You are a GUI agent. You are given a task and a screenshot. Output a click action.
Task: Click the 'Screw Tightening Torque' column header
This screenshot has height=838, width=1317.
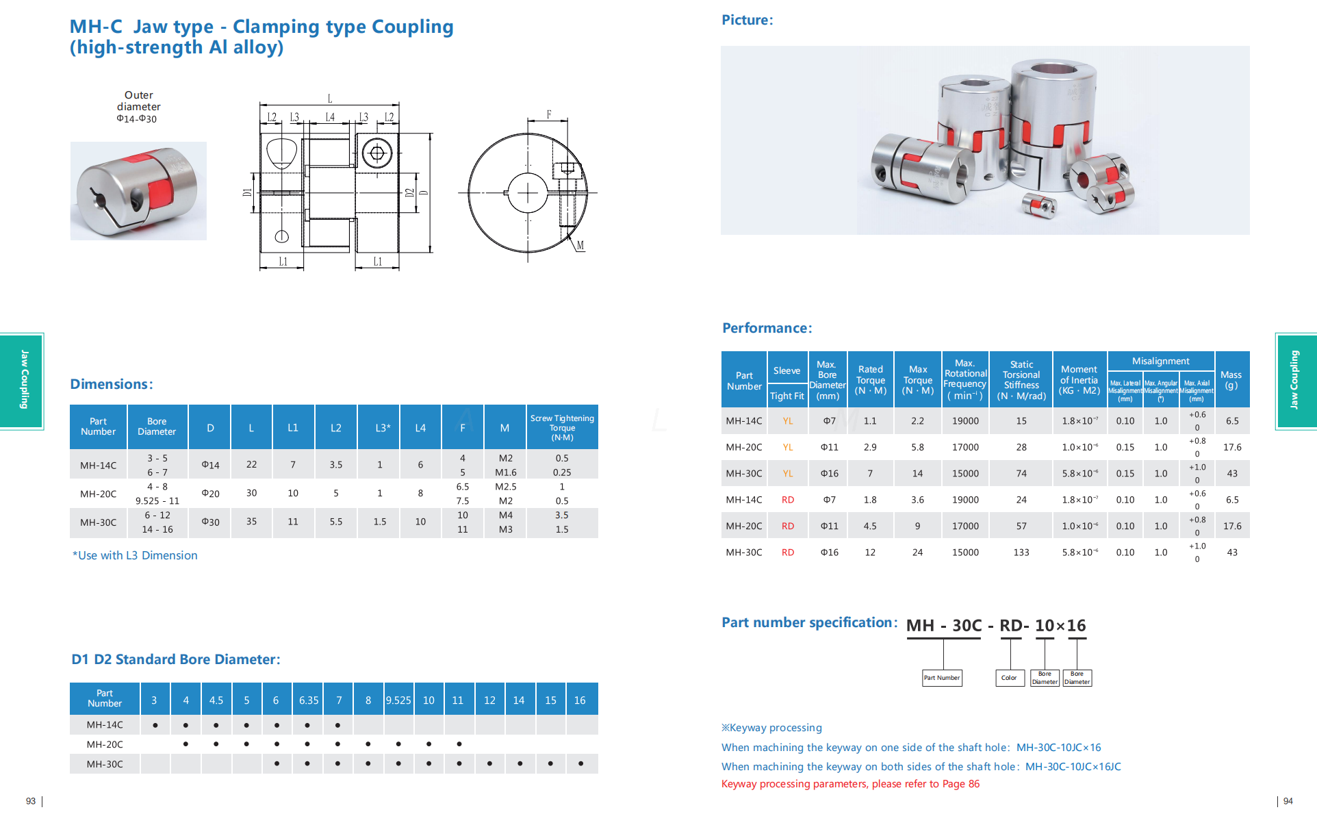coord(562,427)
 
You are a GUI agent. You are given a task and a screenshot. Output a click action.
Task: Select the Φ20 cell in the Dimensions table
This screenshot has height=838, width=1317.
coord(210,494)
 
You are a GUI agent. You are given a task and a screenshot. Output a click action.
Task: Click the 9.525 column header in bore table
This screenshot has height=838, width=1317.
coord(398,700)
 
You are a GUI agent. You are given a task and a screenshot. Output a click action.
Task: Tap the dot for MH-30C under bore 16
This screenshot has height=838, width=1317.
coord(580,763)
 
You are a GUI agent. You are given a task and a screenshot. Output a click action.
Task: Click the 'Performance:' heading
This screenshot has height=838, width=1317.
coord(767,328)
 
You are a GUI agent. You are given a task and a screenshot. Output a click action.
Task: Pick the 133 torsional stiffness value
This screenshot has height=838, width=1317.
coord(1021,553)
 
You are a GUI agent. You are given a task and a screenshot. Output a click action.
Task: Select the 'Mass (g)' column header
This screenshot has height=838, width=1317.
coord(1231,380)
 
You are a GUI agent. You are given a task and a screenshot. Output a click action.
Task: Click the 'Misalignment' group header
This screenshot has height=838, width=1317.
coord(1160,361)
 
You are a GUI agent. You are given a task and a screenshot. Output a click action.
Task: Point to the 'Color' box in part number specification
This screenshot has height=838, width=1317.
coord(1009,678)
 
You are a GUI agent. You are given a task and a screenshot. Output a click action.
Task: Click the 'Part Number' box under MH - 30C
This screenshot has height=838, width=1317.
coord(942,678)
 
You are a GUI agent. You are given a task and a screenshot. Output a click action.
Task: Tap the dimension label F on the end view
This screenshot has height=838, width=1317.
coord(549,114)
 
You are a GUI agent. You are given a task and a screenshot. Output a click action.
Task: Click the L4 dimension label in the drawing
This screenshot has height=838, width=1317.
coord(330,117)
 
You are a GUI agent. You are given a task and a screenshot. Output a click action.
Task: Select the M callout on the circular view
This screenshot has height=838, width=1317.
coord(580,245)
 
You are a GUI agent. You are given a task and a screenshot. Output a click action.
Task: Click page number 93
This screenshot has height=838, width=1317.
coord(31,801)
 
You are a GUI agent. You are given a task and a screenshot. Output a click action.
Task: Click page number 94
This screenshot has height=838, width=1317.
coord(1288,801)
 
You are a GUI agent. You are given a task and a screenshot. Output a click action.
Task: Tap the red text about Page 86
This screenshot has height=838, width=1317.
coord(850,784)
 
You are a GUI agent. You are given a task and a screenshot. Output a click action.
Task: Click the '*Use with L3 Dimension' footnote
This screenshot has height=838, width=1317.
coord(135,555)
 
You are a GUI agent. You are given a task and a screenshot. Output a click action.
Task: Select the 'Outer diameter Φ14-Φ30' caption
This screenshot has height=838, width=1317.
coord(138,107)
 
